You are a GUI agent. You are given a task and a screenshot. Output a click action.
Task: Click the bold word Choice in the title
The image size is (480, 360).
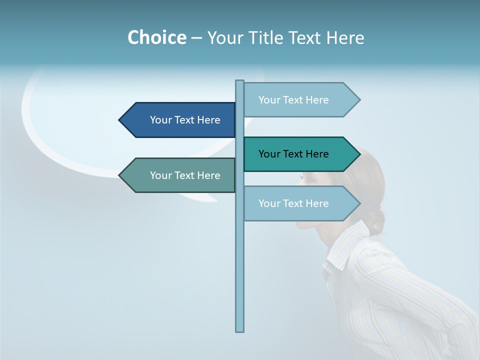[156, 37]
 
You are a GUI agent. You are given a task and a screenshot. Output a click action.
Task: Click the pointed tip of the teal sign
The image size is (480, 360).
[359, 154]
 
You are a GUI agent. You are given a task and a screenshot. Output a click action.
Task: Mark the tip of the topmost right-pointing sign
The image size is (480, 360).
[359, 100]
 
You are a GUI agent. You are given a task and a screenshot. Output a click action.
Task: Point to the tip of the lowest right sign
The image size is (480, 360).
[359, 203]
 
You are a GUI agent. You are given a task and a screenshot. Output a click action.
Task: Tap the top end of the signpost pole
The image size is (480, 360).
[240, 81]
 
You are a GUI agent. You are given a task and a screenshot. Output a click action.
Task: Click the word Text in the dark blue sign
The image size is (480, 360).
[185, 120]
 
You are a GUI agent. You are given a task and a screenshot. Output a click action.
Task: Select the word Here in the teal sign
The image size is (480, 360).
[317, 154]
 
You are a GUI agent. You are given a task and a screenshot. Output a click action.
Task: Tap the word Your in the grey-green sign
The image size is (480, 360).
[160, 175]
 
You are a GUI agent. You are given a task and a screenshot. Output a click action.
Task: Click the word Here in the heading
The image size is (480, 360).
[345, 37]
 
